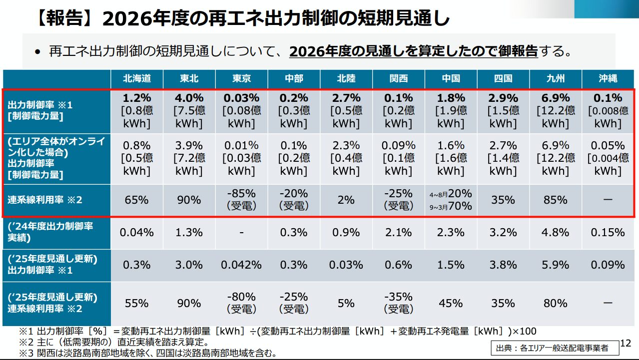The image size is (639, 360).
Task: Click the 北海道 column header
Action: point(137,78)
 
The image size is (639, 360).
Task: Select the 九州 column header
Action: point(555,78)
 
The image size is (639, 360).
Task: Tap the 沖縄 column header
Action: point(608,78)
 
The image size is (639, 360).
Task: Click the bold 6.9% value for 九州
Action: point(555,98)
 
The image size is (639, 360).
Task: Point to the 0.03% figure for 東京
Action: point(241,98)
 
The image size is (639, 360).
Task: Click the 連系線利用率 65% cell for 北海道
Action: point(137,200)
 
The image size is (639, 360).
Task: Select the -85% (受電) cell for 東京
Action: point(241,199)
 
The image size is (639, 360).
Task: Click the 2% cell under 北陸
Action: point(346,200)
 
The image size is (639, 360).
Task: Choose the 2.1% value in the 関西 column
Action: point(398,232)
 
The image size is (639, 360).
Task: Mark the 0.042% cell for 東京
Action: point(241,265)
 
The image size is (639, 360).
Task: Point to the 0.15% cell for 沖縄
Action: point(608,232)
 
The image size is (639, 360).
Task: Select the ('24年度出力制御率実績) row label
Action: point(50,232)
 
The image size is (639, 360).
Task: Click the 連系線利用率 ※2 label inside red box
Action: point(45,200)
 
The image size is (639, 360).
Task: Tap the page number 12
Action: point(625,344)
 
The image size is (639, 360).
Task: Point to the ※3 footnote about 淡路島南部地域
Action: point(148,354)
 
